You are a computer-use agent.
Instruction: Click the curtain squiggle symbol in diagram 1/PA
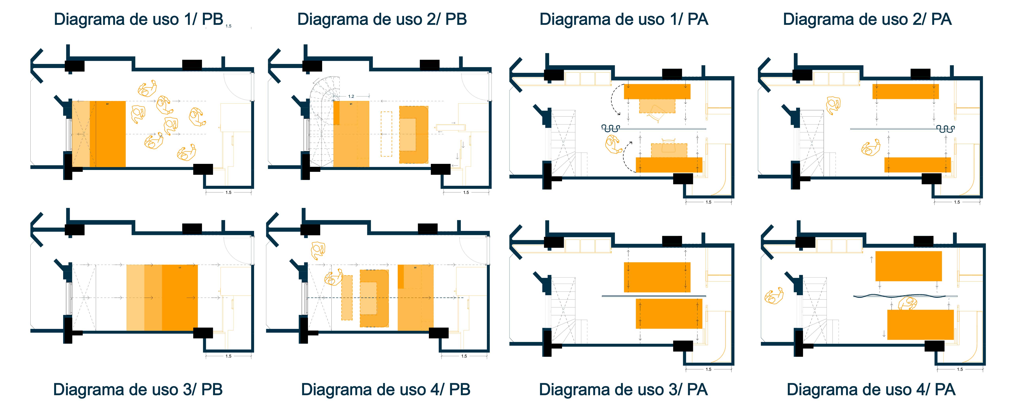(610, 128)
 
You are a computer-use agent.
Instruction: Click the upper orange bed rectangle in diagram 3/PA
(657, 277)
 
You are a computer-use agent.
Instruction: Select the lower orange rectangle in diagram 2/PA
(917, 165)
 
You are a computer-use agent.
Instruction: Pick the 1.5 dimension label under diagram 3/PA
(708, 369)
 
